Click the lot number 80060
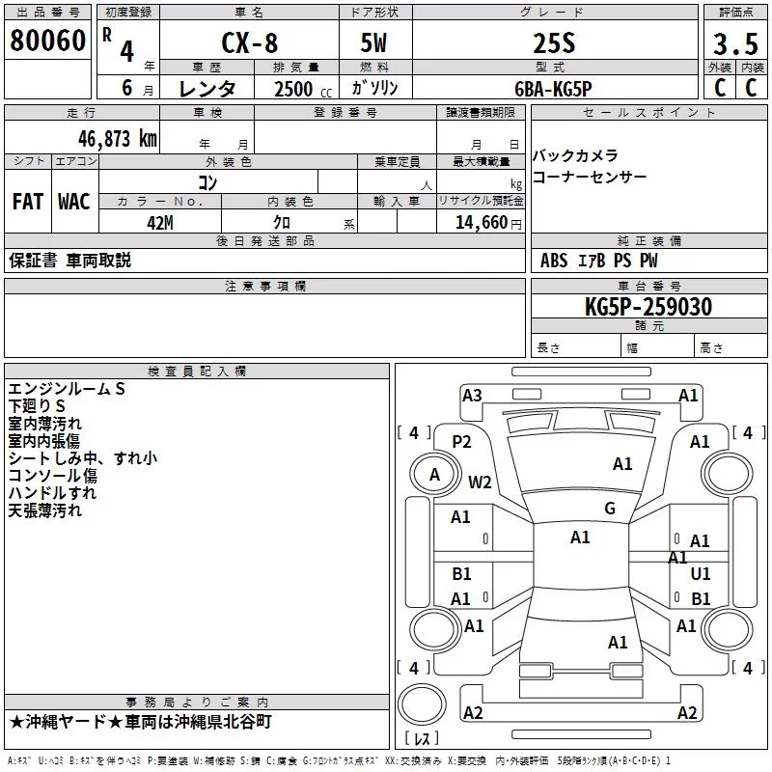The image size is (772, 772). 47,41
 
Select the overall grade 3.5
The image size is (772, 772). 735,44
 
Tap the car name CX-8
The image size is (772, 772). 250,42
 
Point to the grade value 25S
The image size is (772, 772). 554,43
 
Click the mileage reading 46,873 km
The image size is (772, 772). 118,139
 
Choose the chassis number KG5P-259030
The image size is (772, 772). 648,307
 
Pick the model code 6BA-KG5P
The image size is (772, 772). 553,89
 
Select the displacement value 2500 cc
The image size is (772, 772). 303,89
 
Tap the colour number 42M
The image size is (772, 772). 160,223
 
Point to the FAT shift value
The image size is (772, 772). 28,202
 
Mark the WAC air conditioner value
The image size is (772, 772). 74,202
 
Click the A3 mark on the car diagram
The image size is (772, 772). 472,396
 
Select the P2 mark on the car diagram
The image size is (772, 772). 461,442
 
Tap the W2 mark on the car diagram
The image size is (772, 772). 480,482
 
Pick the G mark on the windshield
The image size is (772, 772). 610,509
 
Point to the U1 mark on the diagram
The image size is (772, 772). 701,573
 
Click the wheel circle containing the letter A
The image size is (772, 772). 435,475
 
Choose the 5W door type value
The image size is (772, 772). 373,43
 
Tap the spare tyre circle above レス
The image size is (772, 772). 422,704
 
